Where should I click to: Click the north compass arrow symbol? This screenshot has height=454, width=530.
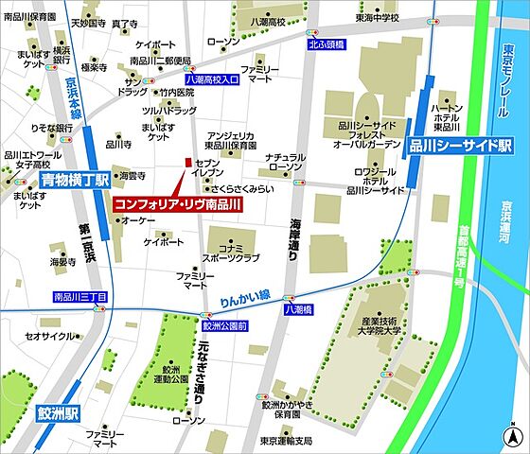point(513,436)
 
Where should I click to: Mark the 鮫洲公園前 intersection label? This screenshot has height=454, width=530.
point(224,324)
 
